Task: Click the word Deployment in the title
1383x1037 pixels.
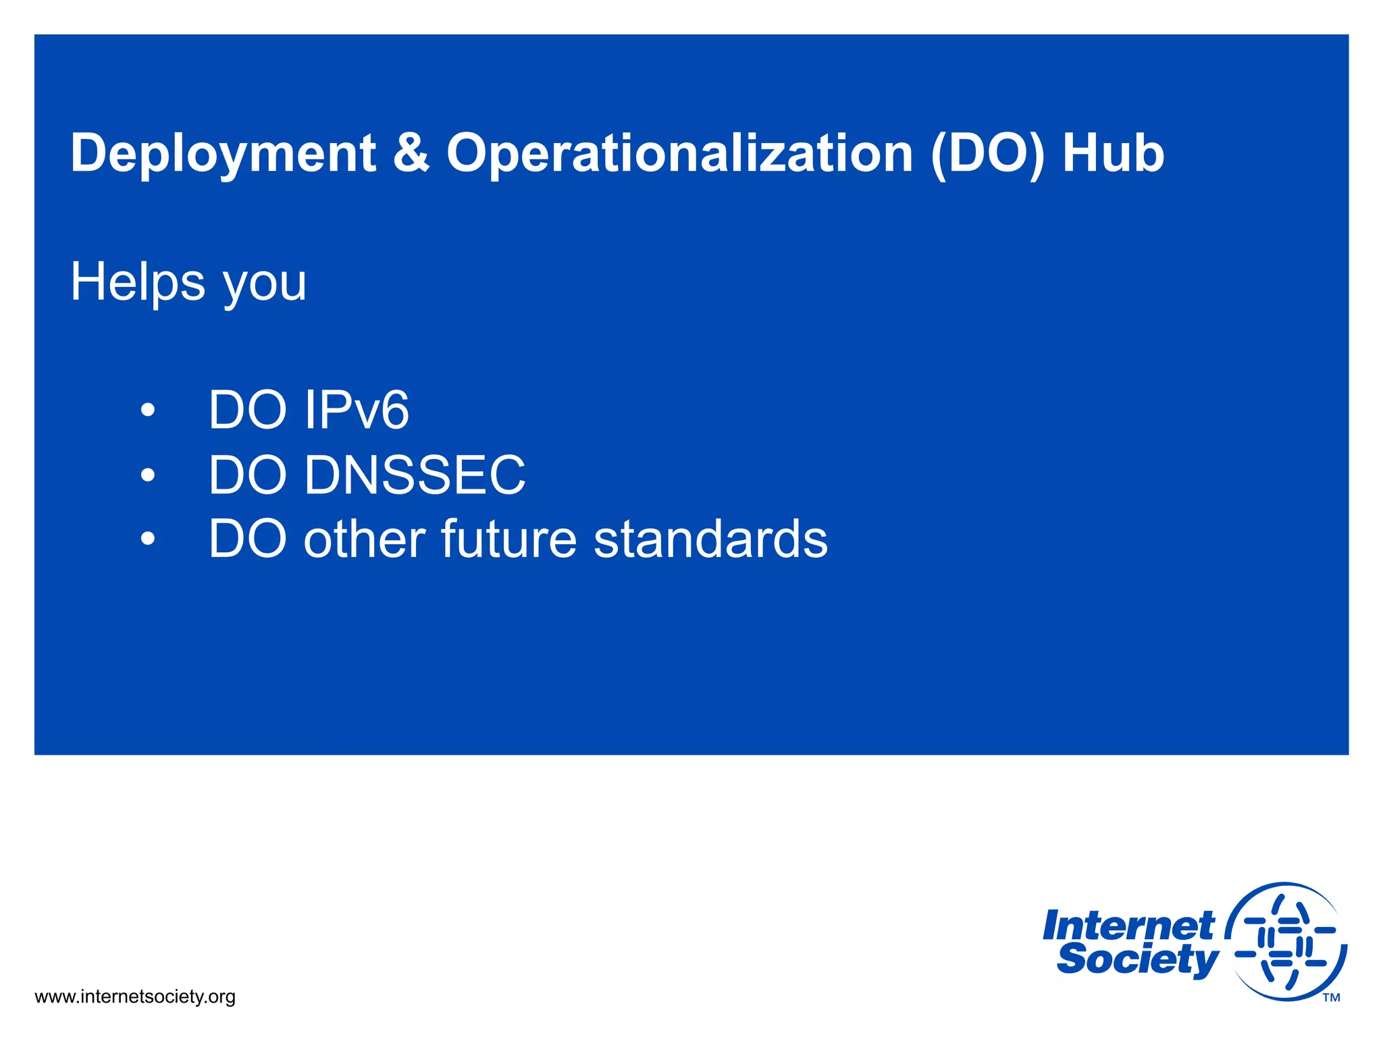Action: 223,154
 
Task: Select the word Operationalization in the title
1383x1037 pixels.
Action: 679,154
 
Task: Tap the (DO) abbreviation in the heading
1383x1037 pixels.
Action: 987,154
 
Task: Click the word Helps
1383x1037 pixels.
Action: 138,282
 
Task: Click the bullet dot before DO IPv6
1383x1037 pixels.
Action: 148,410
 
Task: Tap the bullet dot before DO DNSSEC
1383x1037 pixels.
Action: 148,475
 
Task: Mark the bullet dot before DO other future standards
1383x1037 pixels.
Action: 148,539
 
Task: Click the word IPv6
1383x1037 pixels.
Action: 356,410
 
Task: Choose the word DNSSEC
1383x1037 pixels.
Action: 414,475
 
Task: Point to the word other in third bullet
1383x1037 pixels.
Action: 364,539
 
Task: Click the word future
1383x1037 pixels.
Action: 508,539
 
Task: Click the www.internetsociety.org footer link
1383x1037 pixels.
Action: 135,996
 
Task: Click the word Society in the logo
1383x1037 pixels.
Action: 1137,959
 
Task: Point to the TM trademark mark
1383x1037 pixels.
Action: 1331,998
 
